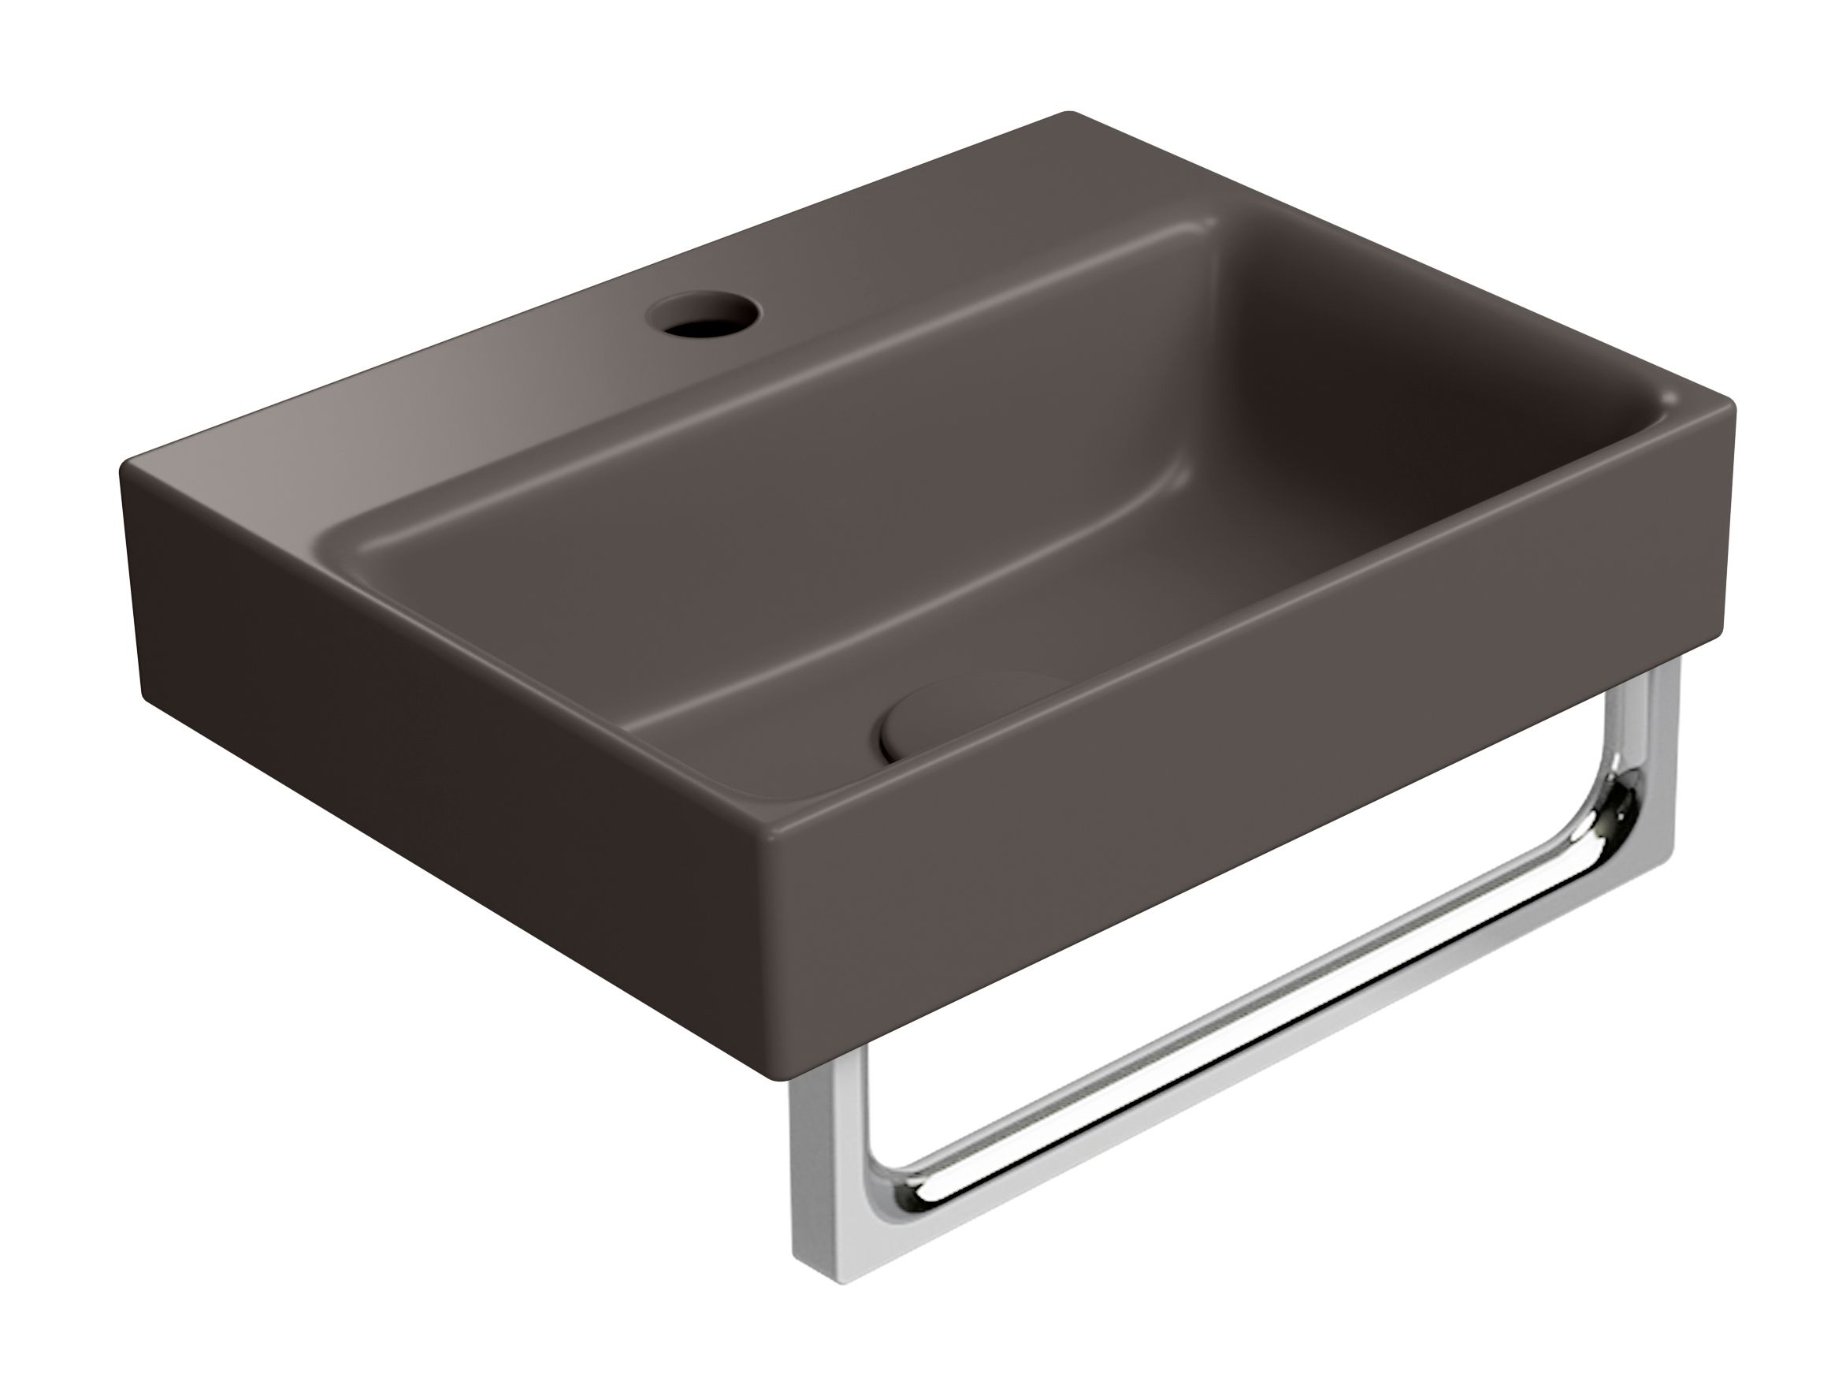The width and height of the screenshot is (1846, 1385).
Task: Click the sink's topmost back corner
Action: [x=1068, y=114]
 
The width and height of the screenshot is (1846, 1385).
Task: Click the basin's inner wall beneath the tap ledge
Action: [x=751, y=418]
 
